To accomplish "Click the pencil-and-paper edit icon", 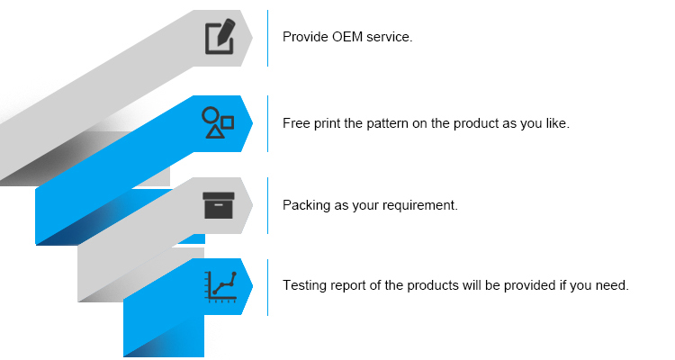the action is click(x=220, y=36).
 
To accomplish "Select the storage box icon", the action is click(x=219, y=205).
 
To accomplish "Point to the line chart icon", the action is click(x=220, y=286).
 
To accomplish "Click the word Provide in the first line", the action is click(x=305, y=38).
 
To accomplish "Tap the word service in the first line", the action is click(x=389, y=38).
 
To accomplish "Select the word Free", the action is click(x=296, y=122).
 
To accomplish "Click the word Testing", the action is click(x=304, y=286).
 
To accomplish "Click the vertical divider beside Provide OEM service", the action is click(x=268, y=38).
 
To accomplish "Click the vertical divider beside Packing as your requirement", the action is click(x=268, y=205).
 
